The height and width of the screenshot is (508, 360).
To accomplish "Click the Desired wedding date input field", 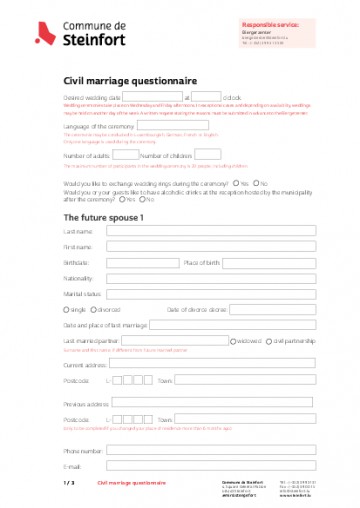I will coord(152,98).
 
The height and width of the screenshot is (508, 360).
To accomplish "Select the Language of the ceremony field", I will coord(173,126).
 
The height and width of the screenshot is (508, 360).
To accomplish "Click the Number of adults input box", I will coord(125,155).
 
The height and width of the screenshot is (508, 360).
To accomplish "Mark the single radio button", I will coord(66,310).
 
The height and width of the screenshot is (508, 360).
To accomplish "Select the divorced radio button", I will coord(92,310).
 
